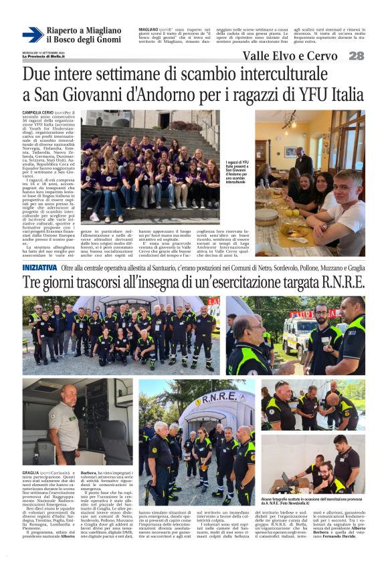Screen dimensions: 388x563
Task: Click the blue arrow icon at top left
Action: [x=32, y=35]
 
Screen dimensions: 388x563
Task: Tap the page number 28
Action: [x=357, y=56]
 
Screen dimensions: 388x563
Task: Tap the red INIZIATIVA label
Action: [x=39, y=267]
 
